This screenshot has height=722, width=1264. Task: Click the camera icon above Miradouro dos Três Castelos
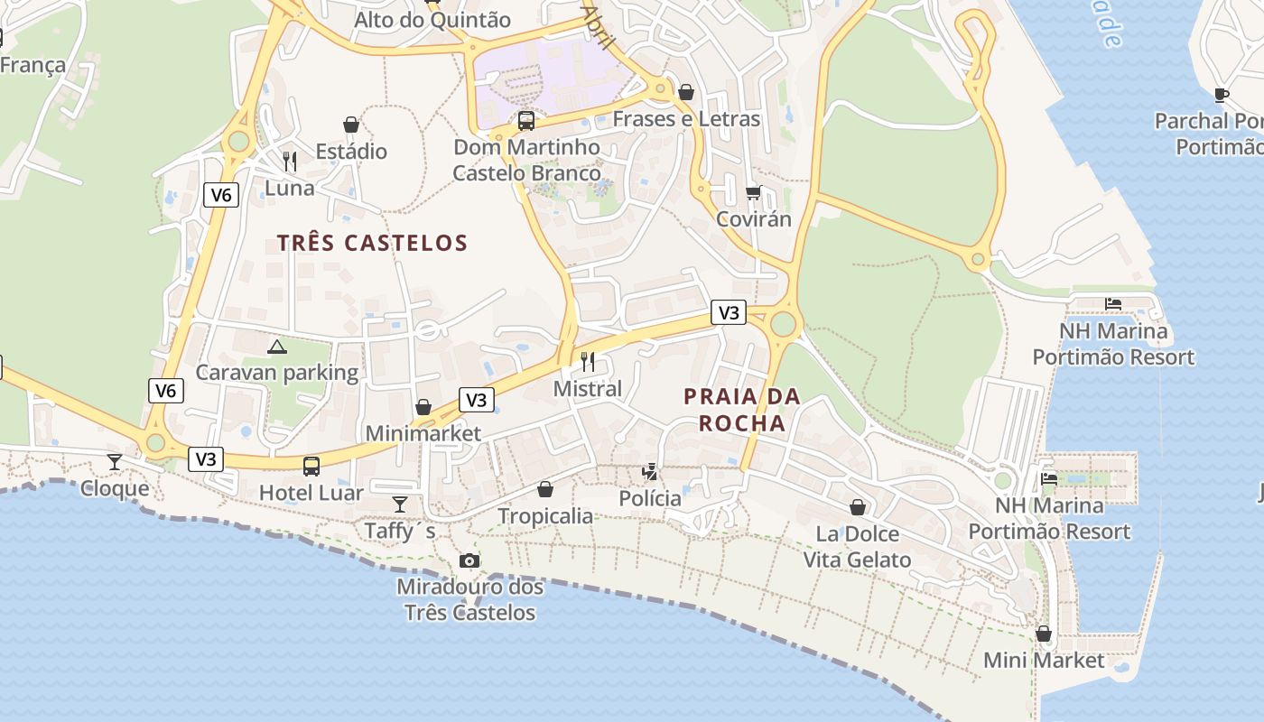tap(469, 561)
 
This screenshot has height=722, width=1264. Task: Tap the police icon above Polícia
tap(649, 471)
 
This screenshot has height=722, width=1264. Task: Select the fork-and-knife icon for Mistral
tap(588, 362)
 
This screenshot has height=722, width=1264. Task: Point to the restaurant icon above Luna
tap(290, 162)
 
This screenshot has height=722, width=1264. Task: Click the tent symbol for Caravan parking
tap(276, 347)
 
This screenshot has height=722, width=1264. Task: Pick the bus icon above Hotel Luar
tap(311, 467)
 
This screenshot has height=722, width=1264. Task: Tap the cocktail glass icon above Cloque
tap(115, 462)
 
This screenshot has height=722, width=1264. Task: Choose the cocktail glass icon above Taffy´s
tap(400, 504)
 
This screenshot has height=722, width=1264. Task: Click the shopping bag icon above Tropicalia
tap(545, 489)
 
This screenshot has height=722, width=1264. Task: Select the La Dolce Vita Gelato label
tap(857, 547)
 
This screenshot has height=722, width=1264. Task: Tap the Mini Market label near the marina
tap(1043, 661)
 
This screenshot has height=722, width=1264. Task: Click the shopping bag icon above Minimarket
tap(423, 407)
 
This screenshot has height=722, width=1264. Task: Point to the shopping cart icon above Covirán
tap(753, 192)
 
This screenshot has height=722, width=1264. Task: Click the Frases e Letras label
tap(686, 119)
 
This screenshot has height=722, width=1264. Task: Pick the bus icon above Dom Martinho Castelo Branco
tap(525, 120)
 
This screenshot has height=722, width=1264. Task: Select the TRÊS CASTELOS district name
tap(372, 243)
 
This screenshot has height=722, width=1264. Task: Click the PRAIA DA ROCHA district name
tap(742, 410)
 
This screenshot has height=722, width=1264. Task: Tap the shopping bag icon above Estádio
tap(351, 125)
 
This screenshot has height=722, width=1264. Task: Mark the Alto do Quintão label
tap(432, 20)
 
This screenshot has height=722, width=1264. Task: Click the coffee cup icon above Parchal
tap(1222, 94)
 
